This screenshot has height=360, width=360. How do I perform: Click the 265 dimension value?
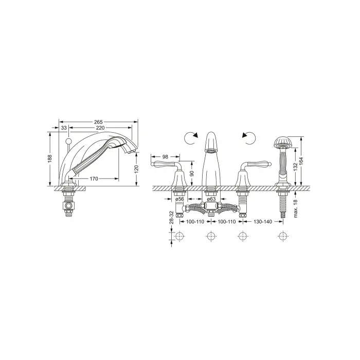(98, 122)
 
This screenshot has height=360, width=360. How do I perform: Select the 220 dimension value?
(100, 128)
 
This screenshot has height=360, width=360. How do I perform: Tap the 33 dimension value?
(64, 128)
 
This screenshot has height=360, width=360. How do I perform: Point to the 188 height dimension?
(50, 158)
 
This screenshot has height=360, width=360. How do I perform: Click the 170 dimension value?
(94, 178)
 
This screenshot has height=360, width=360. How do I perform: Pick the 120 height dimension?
(136, 169)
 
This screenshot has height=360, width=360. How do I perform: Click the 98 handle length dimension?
(165, 157)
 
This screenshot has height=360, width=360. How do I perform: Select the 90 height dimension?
(192, 173)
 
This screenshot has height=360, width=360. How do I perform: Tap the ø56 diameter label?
(179, 199)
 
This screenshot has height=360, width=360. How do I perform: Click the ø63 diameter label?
(211, 199)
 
